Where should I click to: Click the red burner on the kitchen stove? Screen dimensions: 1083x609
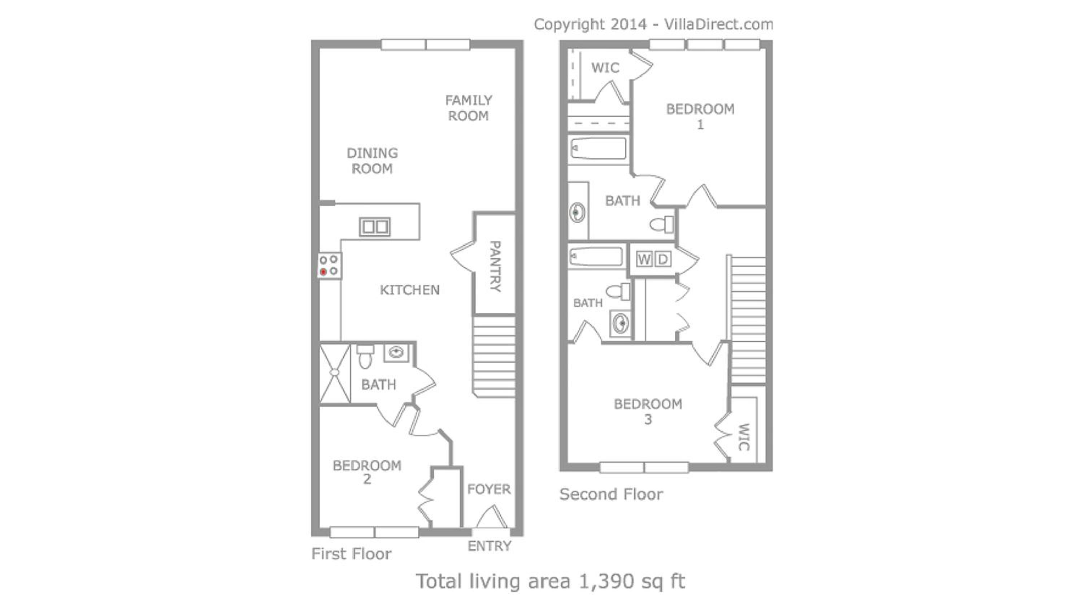point(323,272)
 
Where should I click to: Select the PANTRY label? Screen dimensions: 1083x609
point(495,266)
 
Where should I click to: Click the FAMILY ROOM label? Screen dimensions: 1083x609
point(468,108)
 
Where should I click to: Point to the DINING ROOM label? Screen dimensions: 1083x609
point(372,161)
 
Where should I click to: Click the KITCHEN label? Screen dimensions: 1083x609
point(409,290)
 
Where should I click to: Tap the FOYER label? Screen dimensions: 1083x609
point(489,489)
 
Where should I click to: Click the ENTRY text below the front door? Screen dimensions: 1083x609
point(490,546)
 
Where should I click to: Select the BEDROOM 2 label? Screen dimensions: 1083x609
point(367,472)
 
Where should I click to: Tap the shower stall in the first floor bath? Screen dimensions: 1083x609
point(335,373)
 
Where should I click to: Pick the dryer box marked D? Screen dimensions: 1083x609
point(662,259)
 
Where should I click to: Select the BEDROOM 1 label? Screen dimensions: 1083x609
point(700,117)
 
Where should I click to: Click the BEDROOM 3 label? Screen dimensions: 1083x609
point(648,411)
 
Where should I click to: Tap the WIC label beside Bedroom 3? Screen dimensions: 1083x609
point(744,437)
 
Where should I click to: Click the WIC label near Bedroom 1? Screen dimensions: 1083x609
point(605,68)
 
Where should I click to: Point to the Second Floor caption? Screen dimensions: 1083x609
point(611,494)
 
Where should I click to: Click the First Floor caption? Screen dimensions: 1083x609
point(351,554)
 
